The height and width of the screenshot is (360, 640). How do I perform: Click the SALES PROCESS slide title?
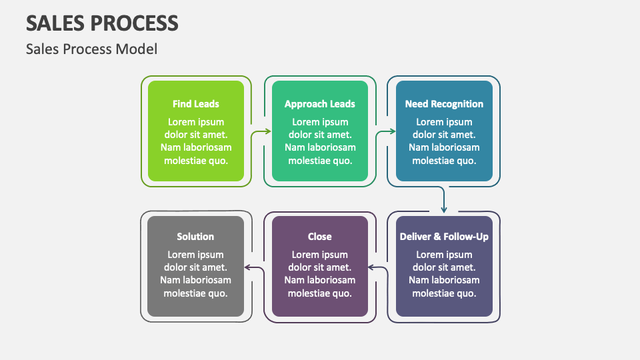[102, 23]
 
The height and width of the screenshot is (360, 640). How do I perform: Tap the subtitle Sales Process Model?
[91, 49]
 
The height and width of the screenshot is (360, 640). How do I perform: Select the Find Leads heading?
[195, 104]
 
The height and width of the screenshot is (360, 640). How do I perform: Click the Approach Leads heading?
[319, 104]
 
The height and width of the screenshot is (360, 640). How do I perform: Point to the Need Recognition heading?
[444, 104]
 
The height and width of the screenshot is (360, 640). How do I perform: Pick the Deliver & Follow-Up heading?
[444, 237]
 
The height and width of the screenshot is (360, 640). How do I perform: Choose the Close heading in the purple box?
[319, 237]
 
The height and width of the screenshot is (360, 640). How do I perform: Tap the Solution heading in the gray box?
[195, 237]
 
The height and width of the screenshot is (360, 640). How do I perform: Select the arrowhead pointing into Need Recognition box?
[393, 132]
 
